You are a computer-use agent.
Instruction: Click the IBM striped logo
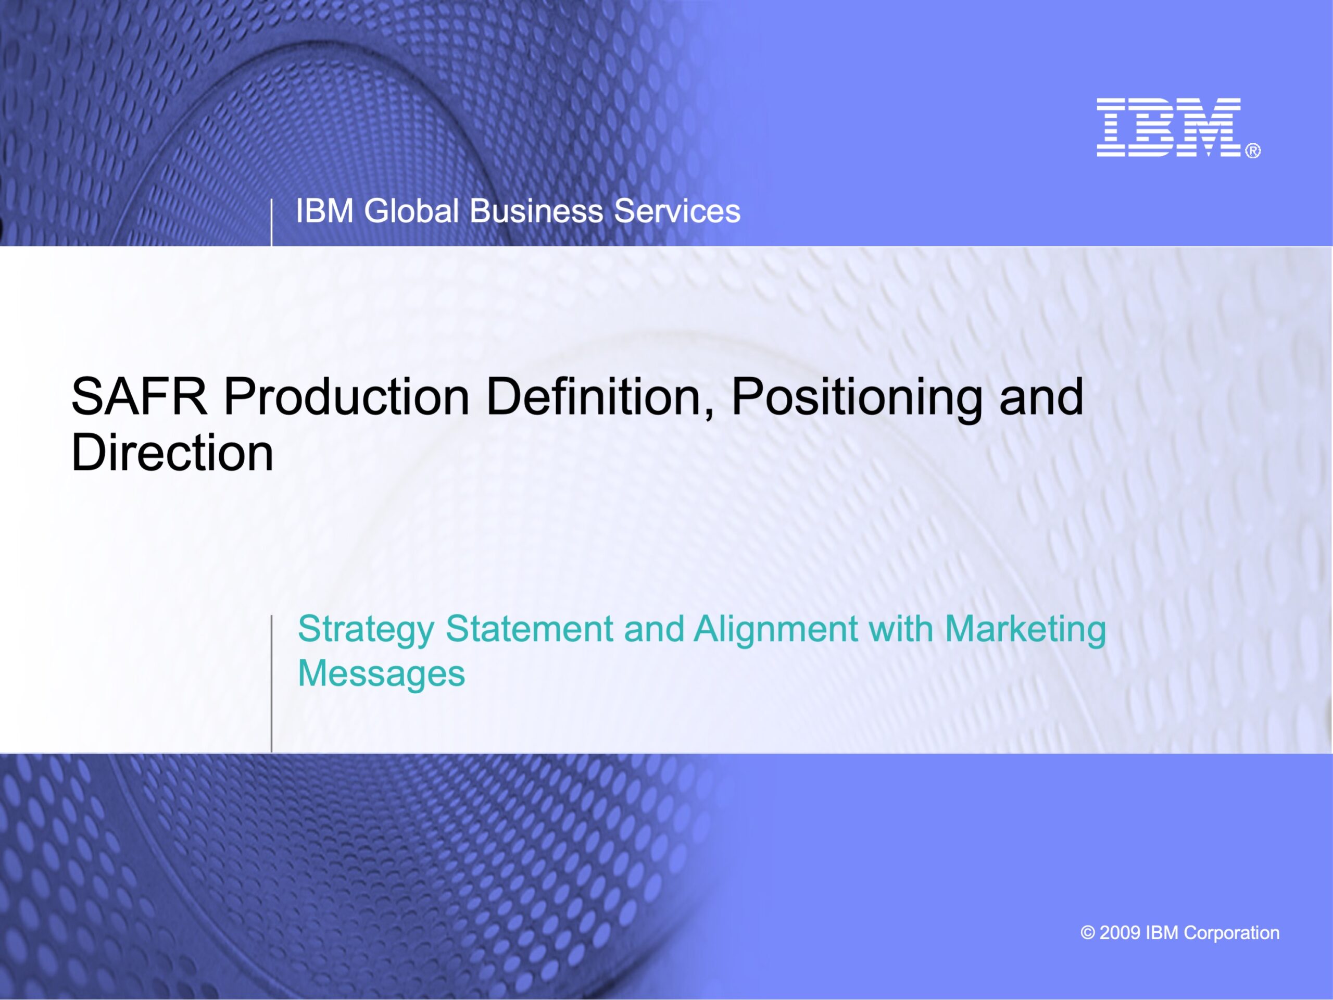point(1168,127)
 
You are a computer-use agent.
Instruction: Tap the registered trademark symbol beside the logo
point(1253,151)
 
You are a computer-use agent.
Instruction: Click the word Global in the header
point(411,211)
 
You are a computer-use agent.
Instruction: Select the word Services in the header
point(677,211)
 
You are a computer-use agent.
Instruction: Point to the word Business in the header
point(536,211)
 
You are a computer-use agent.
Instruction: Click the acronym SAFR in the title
point(139,397)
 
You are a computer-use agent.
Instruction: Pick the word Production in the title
point(346,397)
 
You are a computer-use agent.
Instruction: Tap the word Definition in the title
point(600,398)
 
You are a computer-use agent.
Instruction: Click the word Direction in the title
point(172,453)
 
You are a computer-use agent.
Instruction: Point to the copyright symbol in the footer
point(1088,933)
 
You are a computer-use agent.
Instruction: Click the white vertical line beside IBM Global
point(271,222)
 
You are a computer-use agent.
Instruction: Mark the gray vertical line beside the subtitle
point(271,683)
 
